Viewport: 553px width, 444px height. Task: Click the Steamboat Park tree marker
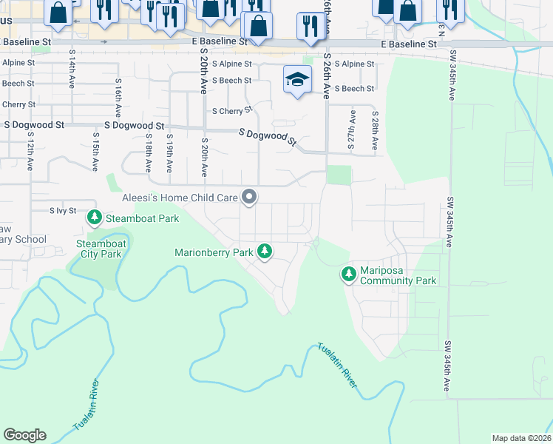[x=95, y=218]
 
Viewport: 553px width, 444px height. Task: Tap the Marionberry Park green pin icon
[x=265, y=252]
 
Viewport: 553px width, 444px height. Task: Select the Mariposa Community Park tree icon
[x=348, y=275]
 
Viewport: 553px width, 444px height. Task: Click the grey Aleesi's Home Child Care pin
[x=250, y=198]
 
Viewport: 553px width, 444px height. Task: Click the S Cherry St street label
[x=232, y=111]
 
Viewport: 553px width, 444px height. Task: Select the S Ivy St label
[x=63, y=211]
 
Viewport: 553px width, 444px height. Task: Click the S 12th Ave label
[x=31, y=152]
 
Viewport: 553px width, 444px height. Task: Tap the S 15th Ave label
[x=95, y=152]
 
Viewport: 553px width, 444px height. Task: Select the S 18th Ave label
[x=149, y=152]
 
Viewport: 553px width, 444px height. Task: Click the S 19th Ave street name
[x=170, y=152]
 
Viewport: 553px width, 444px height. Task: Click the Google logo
[x=24, y=435]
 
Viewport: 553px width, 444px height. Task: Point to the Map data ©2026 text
[x=521, y=438]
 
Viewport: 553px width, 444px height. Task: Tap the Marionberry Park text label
[x=214, y=252]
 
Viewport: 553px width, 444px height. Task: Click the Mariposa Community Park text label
[x=398, y=275]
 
